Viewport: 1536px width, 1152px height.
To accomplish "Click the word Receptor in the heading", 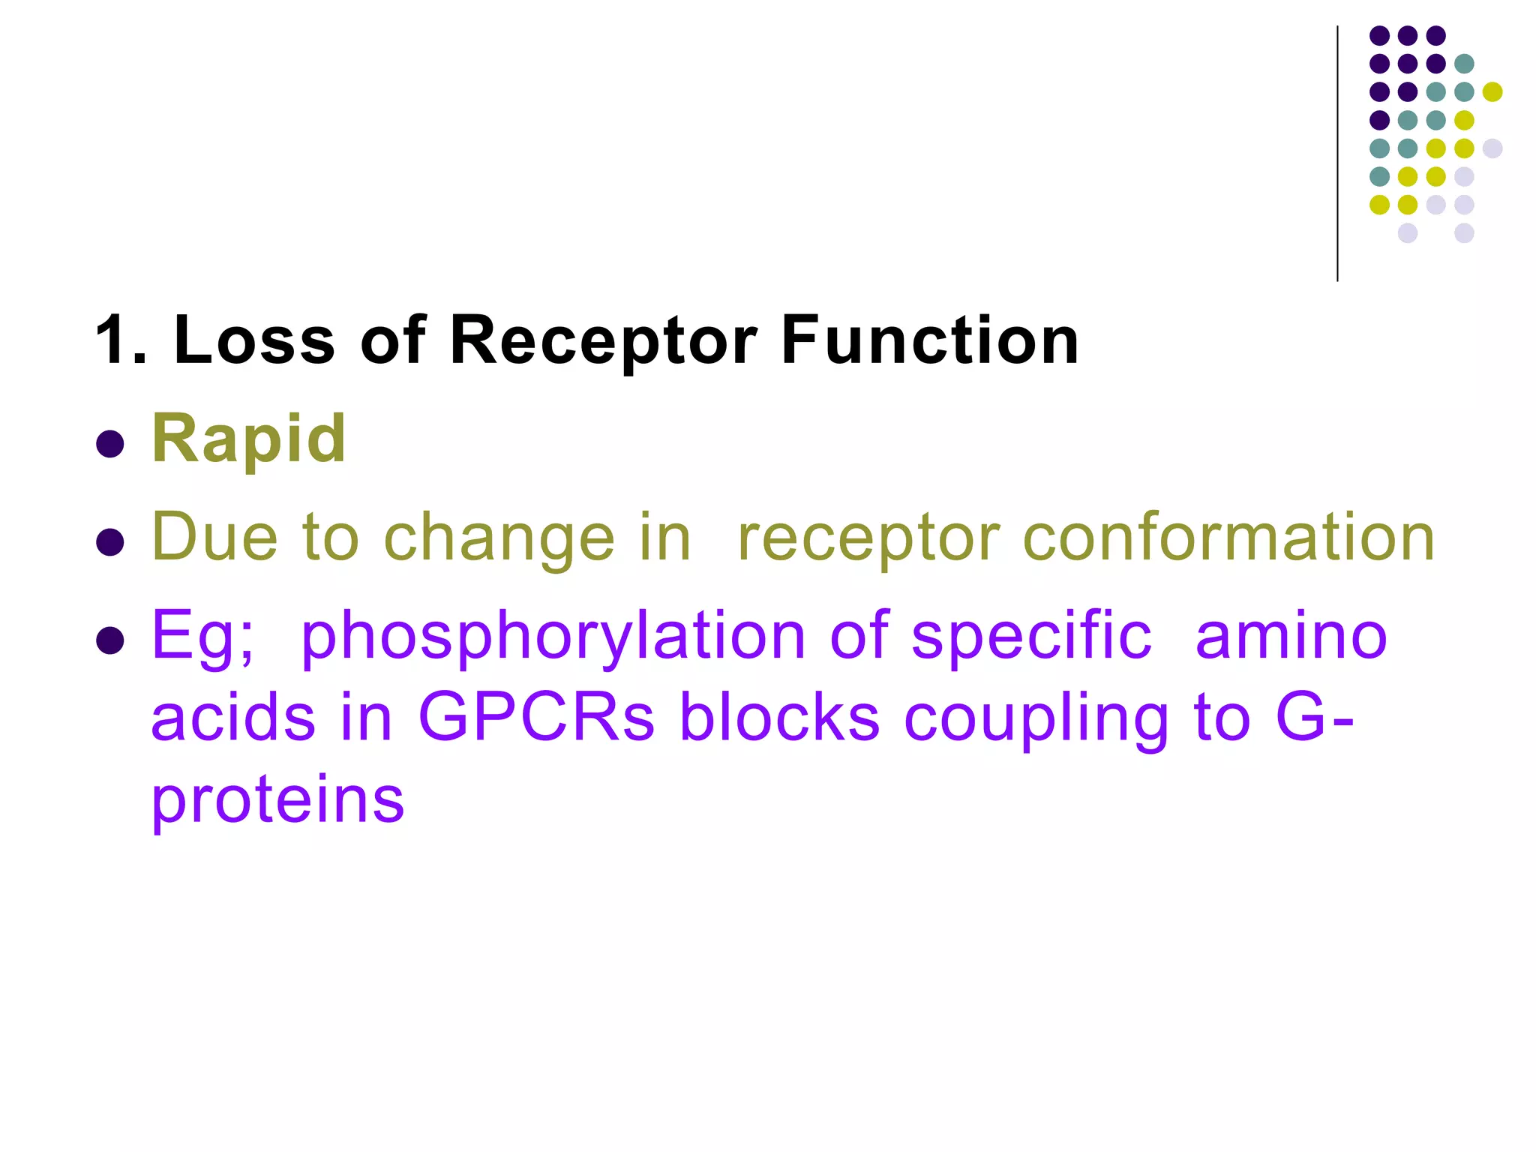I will (x=603, y=342).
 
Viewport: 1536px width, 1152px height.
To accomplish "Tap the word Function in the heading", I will (x=929, y=340).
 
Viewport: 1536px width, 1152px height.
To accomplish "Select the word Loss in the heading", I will (x=254, y=340).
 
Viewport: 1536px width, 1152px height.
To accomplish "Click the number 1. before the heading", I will (x=121, y=340).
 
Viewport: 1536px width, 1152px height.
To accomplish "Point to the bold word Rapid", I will (x=249, y=439).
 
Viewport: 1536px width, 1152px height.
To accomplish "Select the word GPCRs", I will (x=535, y=718).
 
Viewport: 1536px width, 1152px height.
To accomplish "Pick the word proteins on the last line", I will (x=278, y=801).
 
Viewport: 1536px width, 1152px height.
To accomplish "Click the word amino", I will (x=1291, y=636).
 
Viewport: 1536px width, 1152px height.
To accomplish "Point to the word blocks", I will (x=779, y=718).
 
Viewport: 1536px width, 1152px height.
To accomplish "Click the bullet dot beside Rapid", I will (x=110, y=444).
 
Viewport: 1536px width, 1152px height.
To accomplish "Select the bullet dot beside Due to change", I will (x=110, y=542).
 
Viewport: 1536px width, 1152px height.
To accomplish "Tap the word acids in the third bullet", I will (x=233, y=718).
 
